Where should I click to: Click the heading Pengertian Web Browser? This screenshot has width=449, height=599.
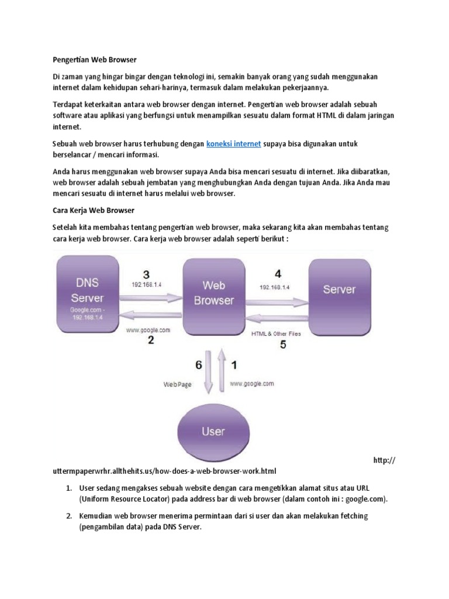[94, 60]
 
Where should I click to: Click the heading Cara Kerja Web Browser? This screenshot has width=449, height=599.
[94, 210]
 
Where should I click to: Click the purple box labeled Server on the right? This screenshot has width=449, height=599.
[339, 290]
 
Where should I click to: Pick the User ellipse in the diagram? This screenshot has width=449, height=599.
[212, 432]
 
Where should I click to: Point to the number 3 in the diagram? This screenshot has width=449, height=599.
[146, 274]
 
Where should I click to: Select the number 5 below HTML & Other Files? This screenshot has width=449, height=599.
[283, 345]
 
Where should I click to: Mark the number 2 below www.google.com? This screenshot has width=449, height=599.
[151, 340]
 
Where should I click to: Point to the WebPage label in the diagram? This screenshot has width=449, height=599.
[177, 385]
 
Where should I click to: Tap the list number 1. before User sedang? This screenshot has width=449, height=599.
[68, 488]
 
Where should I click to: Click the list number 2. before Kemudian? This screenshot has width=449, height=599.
[68, 517]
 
